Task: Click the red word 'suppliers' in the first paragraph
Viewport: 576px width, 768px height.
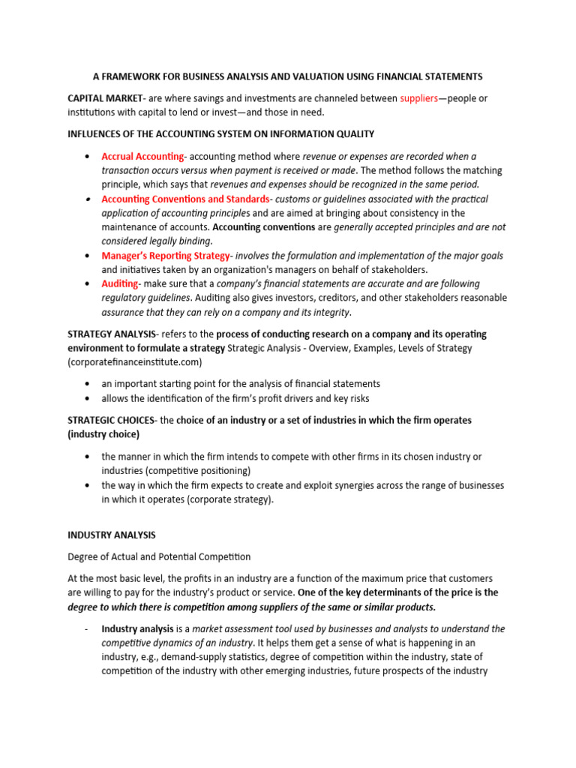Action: [418, 98]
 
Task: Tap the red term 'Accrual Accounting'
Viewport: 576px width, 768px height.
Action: [142, 156]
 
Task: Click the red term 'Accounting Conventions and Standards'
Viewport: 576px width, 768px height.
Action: [185, 199]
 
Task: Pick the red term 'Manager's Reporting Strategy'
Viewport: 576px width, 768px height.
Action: [166, 256]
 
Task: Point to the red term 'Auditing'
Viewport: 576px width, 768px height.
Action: [119, 283]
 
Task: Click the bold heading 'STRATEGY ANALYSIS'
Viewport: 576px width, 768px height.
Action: [112, 334]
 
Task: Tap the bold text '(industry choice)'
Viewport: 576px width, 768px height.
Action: [103, 434]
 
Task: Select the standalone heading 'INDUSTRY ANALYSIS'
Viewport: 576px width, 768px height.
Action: [112, 535]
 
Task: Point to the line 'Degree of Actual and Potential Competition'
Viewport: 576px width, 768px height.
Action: [159, 556]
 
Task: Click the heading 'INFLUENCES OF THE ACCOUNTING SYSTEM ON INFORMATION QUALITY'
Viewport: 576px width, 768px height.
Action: [221, 133]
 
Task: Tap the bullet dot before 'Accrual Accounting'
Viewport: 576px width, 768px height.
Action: [88, 156]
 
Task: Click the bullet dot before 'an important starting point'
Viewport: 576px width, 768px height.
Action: [88, 384]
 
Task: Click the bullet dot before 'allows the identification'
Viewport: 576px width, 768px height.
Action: [88, 398]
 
